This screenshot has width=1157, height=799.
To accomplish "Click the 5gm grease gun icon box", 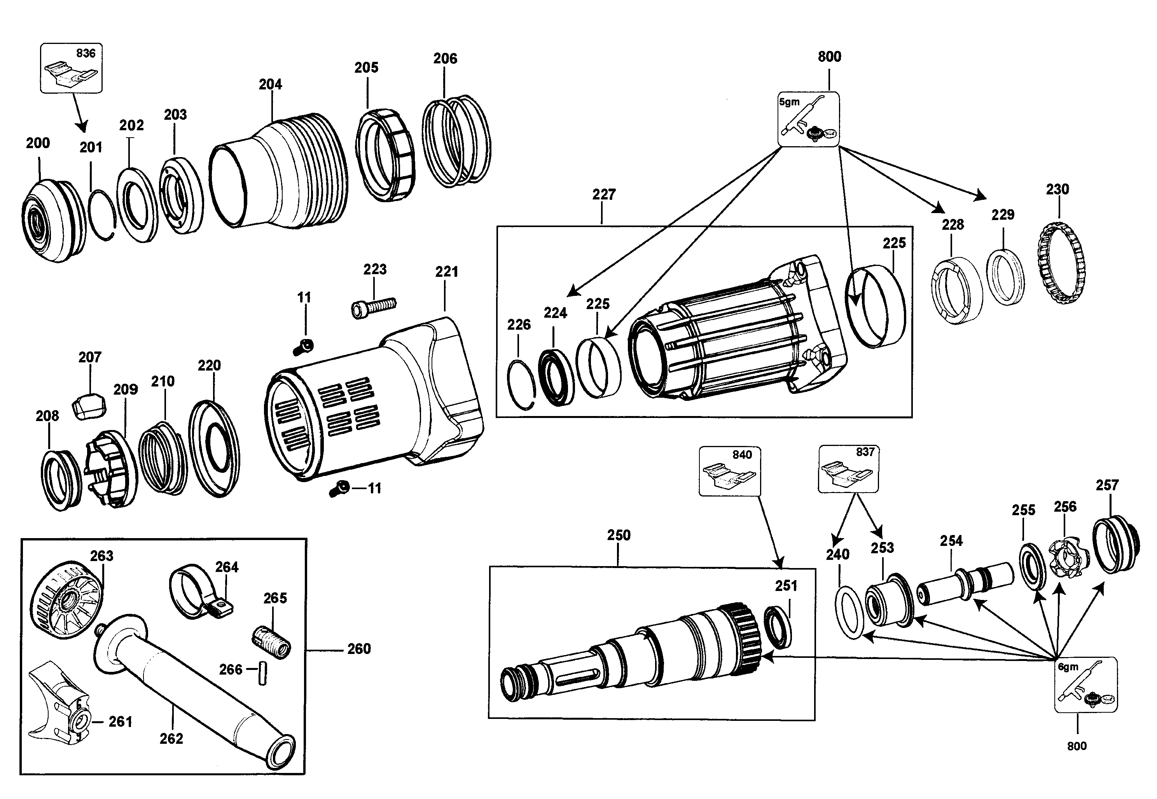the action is (809, 119).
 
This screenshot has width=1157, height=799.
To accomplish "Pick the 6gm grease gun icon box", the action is (1086, 684).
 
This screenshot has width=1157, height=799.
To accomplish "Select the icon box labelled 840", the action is (730, 471).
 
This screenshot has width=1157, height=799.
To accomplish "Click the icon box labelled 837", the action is (849, 469).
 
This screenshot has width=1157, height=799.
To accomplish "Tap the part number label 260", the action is (359, 649).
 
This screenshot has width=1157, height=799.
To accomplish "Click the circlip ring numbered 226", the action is (521, 384).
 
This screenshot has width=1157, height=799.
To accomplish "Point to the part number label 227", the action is (604, 195).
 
